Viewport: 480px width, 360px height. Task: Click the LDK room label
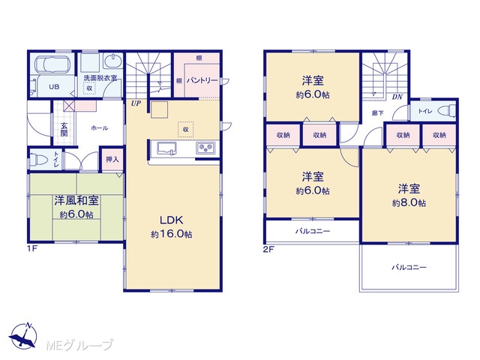[x=171, y=220]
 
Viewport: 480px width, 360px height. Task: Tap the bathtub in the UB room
[x=52, y=64]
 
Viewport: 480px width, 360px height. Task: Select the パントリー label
[x=202, y=80]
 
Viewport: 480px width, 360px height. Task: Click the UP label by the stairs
[x=136, y=103]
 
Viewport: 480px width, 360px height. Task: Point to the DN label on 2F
[x=397, y=97]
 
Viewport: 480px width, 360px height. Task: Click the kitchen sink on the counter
[x=166, y=148]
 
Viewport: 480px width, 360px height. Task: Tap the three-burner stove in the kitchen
[x=205, y=148]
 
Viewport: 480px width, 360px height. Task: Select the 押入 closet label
[x=112, y=159]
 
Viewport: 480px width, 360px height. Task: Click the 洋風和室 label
[x=76, y=201]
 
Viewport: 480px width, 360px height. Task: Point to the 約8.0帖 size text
[x=409, y=203]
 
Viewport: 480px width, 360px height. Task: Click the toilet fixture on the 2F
[x=448, y=111]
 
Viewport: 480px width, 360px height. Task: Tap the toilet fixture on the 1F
[x=38, y=160]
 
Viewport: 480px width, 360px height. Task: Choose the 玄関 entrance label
[x=64, y=130]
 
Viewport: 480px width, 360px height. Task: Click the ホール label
[x=100, y=128]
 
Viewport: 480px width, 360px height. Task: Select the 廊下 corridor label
[x=377, y=113]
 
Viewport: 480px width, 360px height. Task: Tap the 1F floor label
[x=32, y=248]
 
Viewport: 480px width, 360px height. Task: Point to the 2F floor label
[x=268, y=249]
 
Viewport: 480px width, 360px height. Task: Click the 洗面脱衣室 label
[x=100, y=78]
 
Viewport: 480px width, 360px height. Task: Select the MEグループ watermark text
[x=79, y=345]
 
